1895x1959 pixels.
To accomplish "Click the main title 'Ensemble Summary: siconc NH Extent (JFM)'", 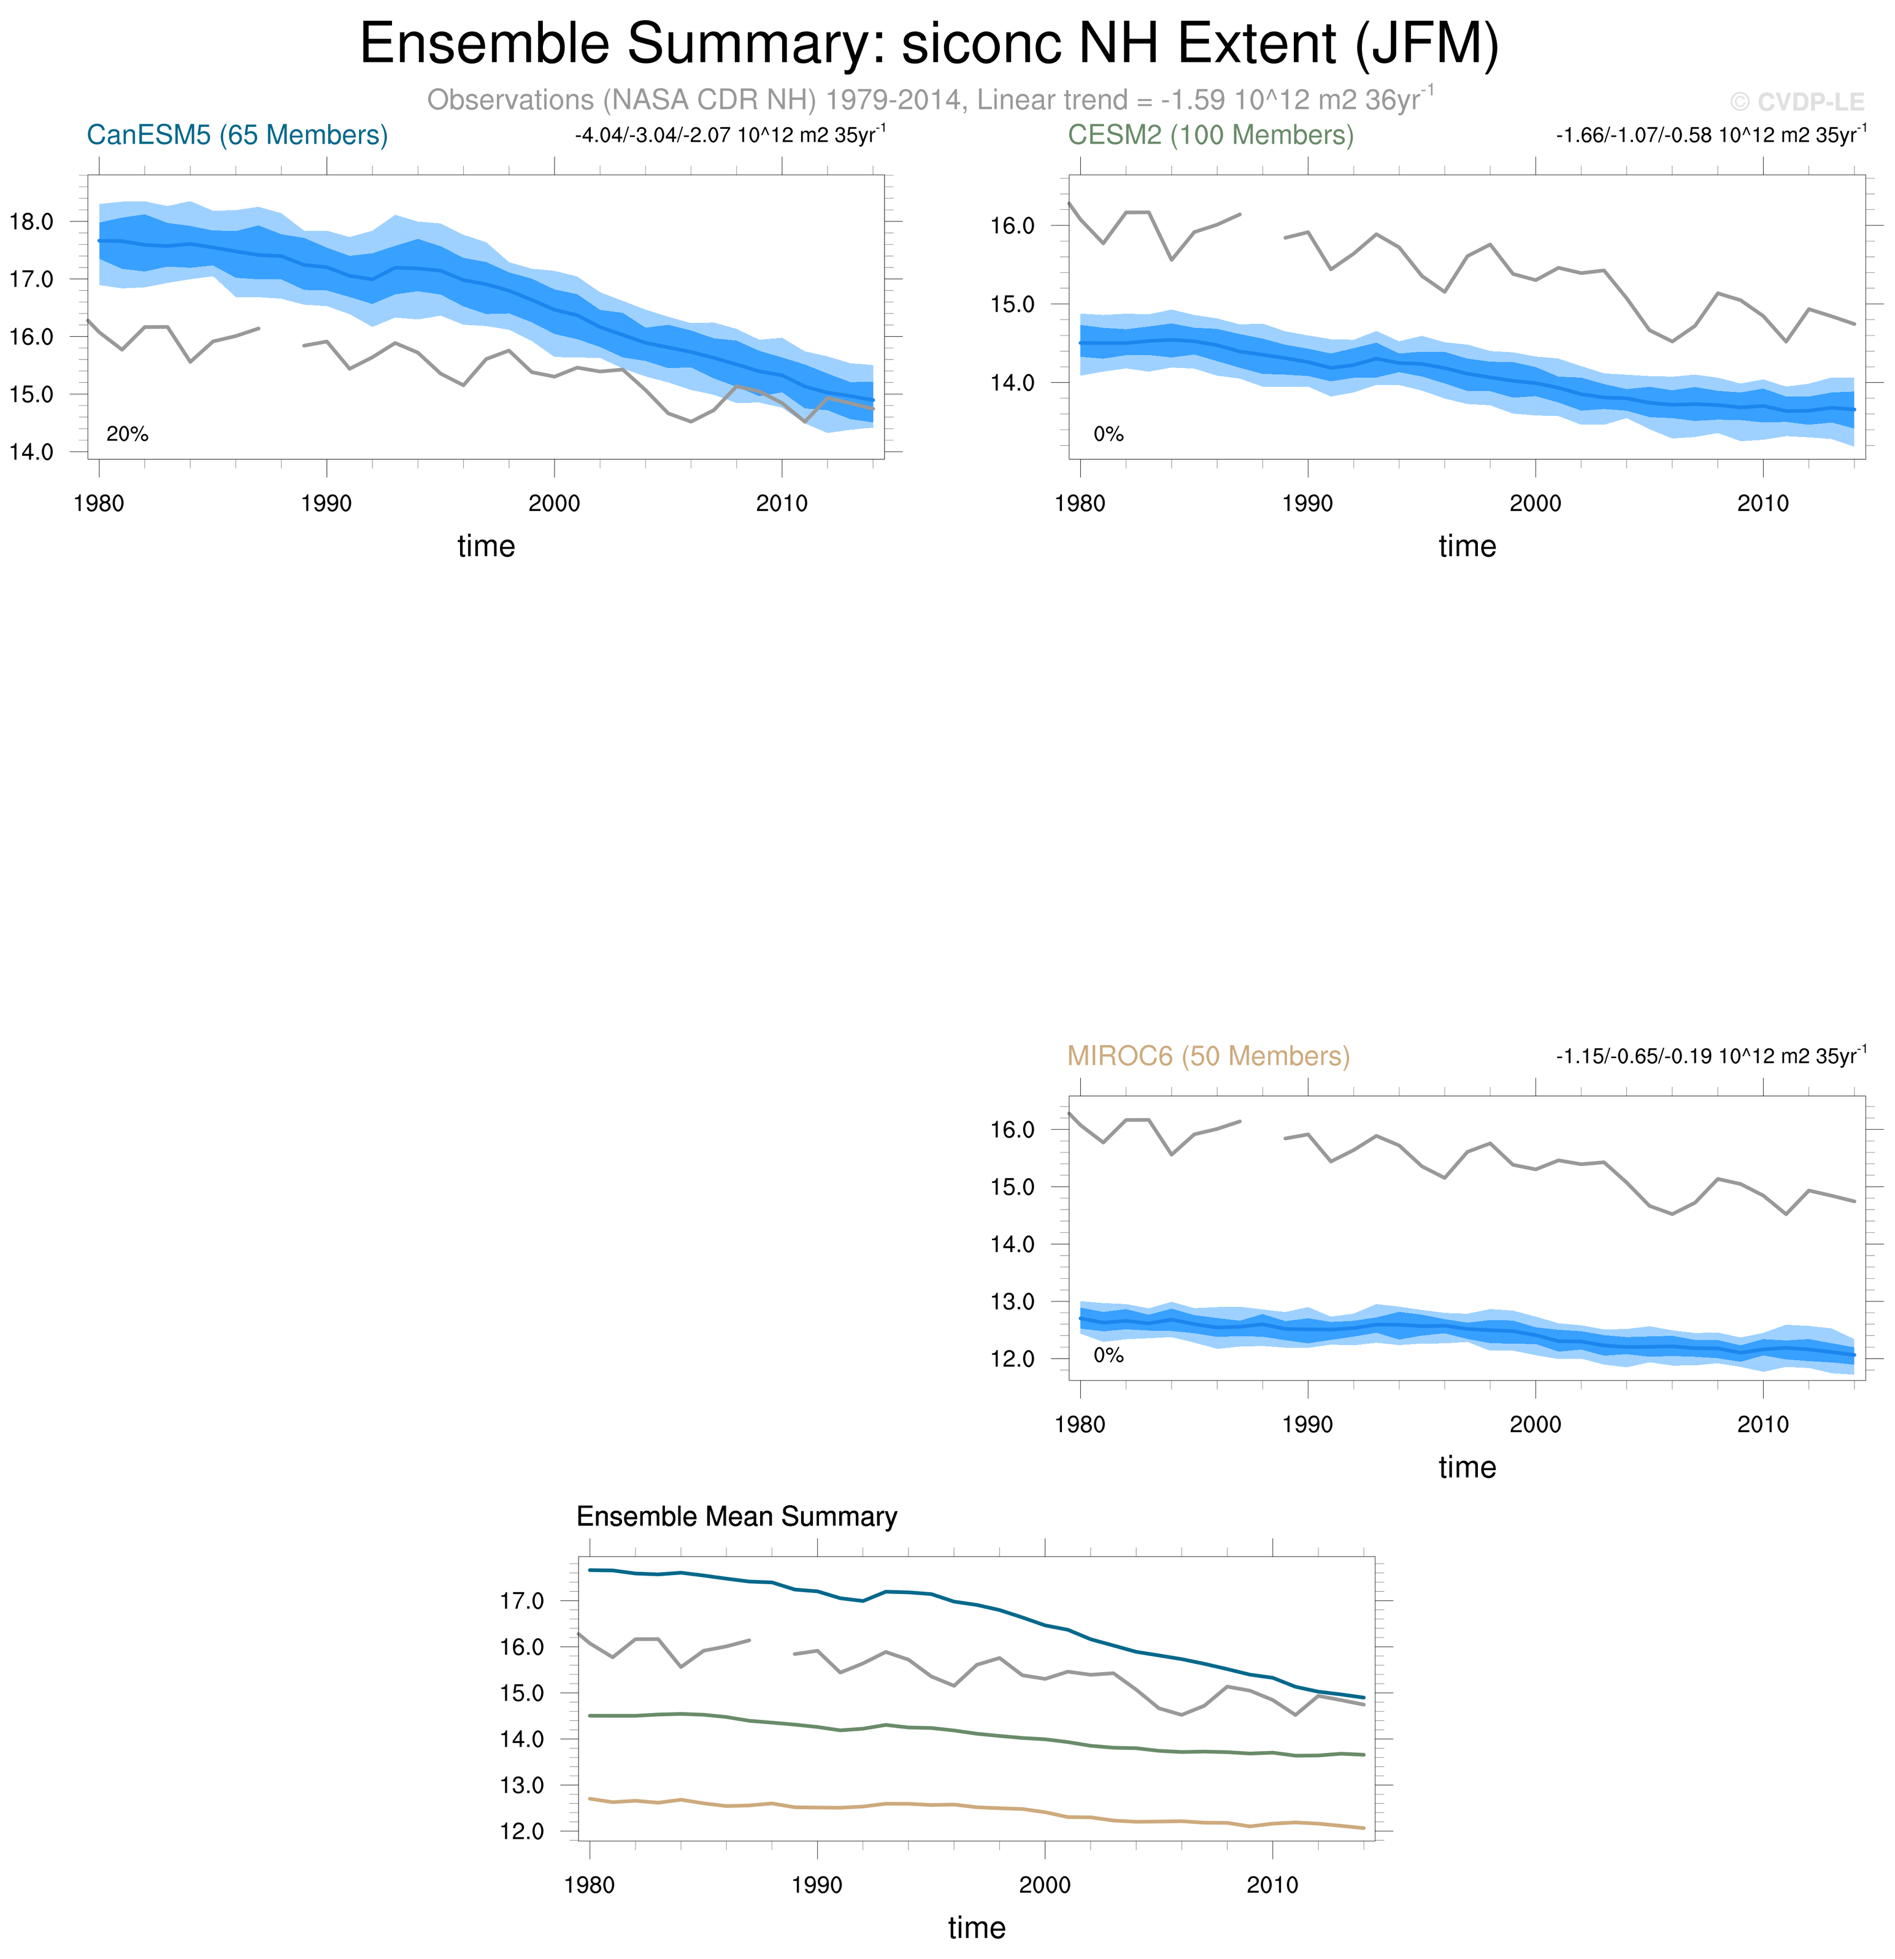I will pyautogui.click(x=929, y=44).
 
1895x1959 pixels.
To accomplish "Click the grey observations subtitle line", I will pyautogui.click(x=929, y=100).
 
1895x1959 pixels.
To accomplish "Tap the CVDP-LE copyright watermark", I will pyautogui.click(x=1796, y=102).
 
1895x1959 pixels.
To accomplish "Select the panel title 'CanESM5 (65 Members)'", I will pyautogui.click(x=237, y=135).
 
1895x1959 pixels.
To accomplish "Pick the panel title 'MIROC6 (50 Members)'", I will pyautogui.click(x=1209, y=1056).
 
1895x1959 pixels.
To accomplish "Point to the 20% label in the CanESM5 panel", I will pyautogui.click(x=127, y=434).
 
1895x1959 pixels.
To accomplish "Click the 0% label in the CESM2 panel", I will pyautogui.click(x=1109, y=434).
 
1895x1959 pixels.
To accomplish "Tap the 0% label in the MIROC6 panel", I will pyautogui.click(x=1109, y=1355).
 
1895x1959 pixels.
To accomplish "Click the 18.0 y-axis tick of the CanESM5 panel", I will pyautogui.click(x=31, y=222).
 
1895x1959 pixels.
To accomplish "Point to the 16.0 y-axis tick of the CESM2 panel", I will pyautogui.click(x=1012, y=226).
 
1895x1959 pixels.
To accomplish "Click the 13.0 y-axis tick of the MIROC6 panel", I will pyautogui.click(x=1012, y=1302).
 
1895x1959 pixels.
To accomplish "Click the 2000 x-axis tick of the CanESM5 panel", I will pyautogui.click(x=554, y=504).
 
